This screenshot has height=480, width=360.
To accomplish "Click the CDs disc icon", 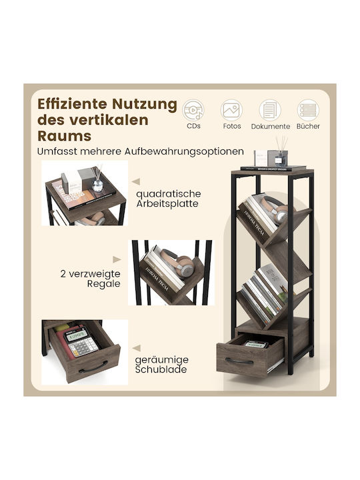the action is [x=193, y=110].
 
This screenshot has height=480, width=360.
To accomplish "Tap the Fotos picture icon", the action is [x=231, y=110].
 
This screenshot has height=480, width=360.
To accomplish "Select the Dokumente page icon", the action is [x=270, y=110].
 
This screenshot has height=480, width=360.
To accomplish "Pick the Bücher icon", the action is [x=308, y=110].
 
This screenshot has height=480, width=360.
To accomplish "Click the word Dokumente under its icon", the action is [x=270, y=127].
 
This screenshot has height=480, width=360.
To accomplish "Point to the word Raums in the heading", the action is [x=64, y=136].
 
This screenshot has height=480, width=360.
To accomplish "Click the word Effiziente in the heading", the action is [x=72, y=104].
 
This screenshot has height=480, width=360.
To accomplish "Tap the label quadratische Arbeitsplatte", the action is [x=169, y=199].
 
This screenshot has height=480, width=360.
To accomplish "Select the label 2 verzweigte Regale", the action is [x=90, y=279].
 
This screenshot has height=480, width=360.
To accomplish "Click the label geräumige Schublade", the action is [x=161, y=365].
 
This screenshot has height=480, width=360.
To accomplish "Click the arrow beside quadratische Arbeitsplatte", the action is [x=136, y=181].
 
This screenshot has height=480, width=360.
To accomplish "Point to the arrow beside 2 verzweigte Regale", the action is [x=117, y=259].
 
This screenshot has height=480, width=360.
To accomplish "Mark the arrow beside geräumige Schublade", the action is [x=137, y=348].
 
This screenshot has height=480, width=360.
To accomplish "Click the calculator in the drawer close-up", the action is [x=81, y=342].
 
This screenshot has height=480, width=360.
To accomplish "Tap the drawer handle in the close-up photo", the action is [x=93, y=367].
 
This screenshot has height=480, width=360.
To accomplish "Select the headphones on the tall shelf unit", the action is [x=275, y=209].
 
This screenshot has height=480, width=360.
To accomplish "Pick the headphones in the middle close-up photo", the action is [x=177, y=263].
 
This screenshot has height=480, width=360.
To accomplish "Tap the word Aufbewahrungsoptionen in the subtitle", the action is [x=184, y=152].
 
